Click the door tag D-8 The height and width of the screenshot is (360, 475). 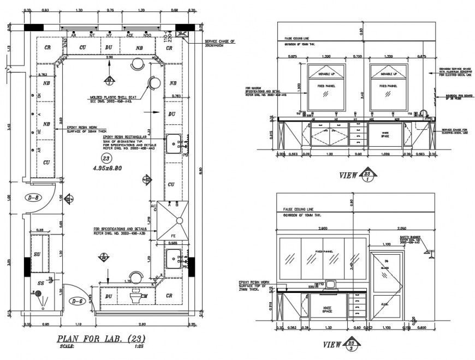pos(34,197)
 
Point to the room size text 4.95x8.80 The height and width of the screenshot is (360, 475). pos(108,168)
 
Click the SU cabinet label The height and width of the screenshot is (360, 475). pos(37,254)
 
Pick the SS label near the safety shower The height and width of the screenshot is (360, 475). pos(41,284)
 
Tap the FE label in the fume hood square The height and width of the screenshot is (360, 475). pos(173,236)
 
